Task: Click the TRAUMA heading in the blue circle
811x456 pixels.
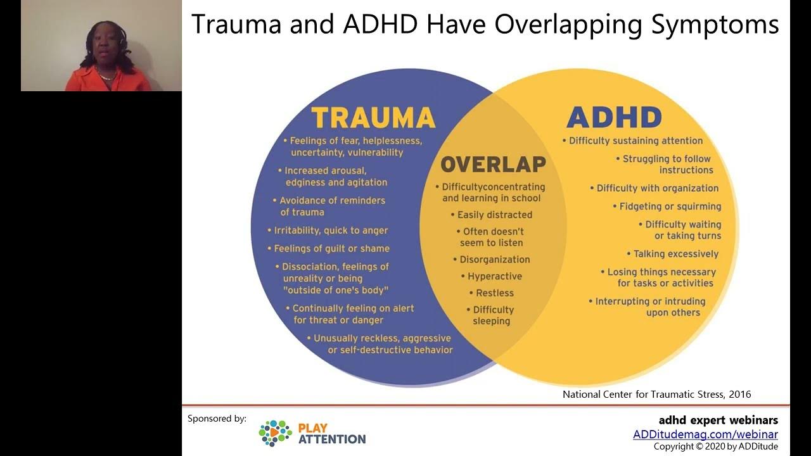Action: click(373, 118)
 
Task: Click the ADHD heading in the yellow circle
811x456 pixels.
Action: click(613, 118)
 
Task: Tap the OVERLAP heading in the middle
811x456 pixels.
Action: click(493, 165)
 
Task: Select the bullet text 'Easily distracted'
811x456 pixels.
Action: click(495, 215)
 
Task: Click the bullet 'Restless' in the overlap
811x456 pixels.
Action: click(495, 293)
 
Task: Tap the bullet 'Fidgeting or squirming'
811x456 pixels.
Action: click(670, 206)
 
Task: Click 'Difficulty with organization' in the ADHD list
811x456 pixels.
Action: click(658, 188)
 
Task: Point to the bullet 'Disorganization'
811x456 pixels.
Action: click(495, 260)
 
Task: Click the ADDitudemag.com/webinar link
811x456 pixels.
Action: click(705, 434)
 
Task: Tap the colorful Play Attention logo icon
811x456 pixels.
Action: click(275, 433)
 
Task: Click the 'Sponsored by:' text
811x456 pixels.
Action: click(217, 419)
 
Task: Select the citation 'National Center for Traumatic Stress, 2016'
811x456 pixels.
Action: click(656, 394)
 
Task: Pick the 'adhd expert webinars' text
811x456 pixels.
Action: click(718, 420)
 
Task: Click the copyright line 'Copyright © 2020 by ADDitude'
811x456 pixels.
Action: click(715, 446)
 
